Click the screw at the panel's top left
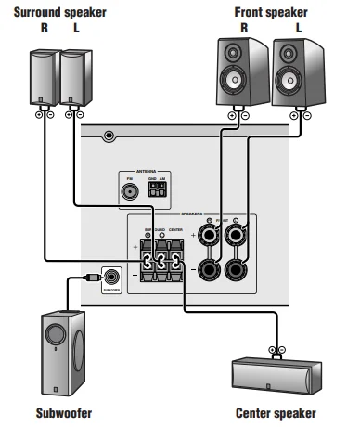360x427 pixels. pos(109,136)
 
